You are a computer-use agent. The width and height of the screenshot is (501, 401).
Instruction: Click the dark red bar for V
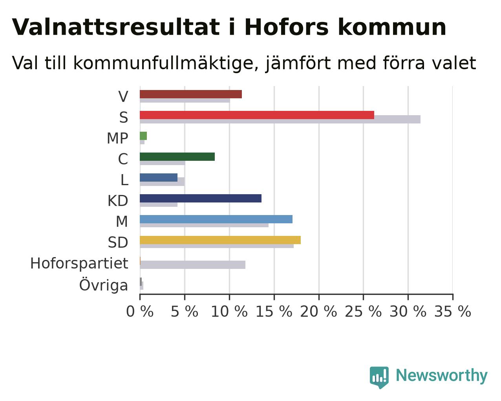click(191, 94)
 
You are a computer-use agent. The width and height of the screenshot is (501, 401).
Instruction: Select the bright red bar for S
click(257, 115)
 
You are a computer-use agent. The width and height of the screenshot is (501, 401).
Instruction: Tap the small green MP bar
click(143, 136)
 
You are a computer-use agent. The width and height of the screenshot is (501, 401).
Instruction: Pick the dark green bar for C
click(177, 157)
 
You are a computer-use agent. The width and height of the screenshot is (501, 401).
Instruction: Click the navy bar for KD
click(201, 198)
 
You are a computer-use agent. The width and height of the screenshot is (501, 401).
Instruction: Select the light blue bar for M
click(216, 219)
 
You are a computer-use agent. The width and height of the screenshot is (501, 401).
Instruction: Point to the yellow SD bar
click(220, 240)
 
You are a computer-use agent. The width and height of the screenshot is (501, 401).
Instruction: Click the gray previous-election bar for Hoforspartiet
click(192, 265)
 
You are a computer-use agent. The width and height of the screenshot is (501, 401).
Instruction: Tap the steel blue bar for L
click(159, 177)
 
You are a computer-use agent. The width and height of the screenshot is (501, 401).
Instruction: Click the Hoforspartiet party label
click(79, 263)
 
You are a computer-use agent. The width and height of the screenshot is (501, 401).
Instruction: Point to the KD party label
click(118, 200)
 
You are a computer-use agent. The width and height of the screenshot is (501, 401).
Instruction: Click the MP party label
click(117, 138)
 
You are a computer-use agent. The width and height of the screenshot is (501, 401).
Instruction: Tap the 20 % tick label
click(318, 311)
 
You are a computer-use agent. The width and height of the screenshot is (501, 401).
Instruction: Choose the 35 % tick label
click(453, 311)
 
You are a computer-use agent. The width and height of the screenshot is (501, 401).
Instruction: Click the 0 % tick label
click(140, 311)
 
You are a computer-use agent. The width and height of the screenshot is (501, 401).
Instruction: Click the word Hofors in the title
click(287, 27)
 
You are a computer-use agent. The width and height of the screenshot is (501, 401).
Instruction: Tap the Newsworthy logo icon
click(379, 377)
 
